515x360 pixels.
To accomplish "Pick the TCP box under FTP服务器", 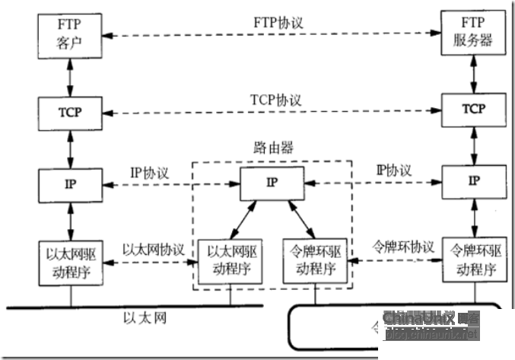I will (x=473, y=109).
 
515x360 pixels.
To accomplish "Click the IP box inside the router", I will (x=272, y=183).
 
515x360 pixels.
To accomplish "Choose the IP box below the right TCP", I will (x=473, y=180).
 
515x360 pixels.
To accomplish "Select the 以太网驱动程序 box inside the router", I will (x=229, y=260).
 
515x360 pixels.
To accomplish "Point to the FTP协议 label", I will (x=278, y=23).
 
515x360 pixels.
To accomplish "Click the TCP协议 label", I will (x=276, y=100).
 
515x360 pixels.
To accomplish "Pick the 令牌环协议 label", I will (x=402, y=247).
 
